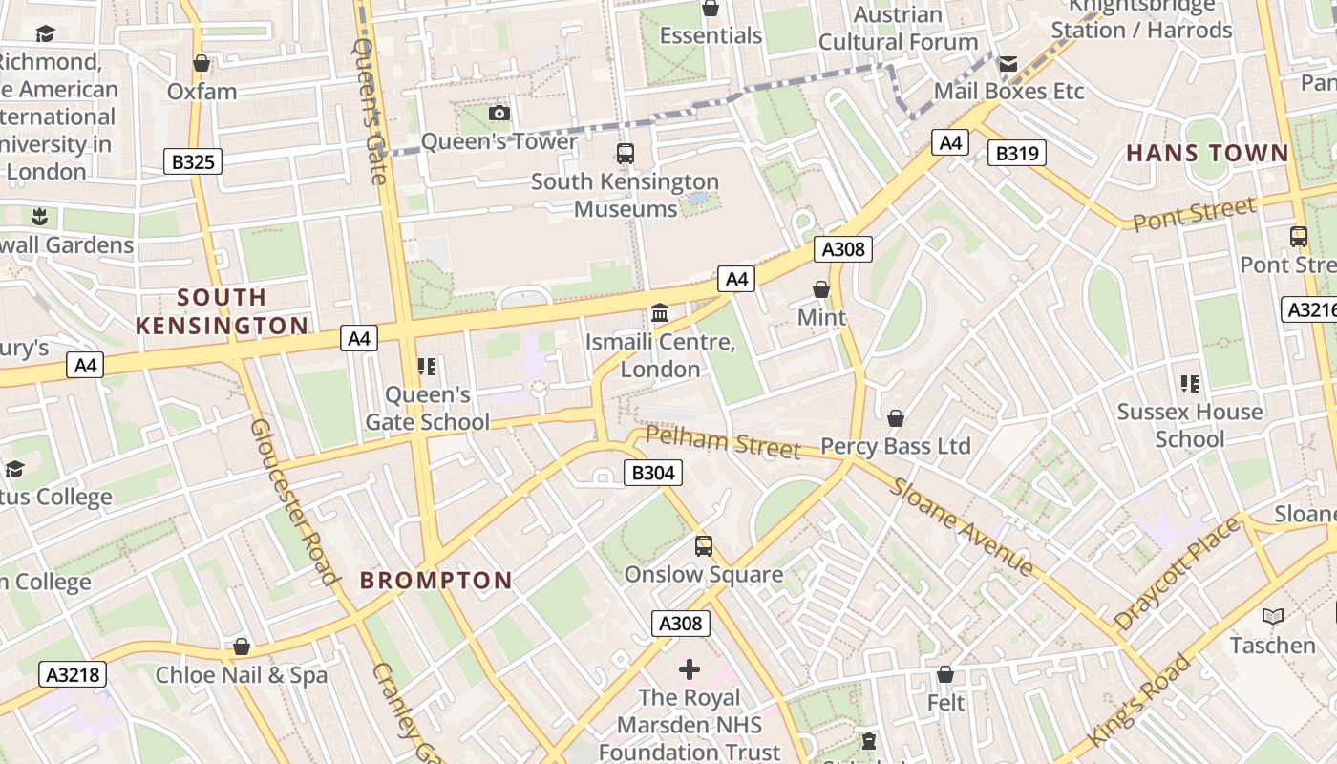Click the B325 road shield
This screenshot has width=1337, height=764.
point(193,161)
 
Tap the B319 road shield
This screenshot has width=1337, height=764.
point(1019,153)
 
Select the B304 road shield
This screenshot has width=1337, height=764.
point(654,472)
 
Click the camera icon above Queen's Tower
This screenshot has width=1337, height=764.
point(499,114)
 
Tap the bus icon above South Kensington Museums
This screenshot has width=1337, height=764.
point(626,153)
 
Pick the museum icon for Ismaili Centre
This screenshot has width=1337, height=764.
point(659,313)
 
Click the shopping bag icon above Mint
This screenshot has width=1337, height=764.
point(821,288)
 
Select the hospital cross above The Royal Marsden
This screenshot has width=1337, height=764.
point(689,668)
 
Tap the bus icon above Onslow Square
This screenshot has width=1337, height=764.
point(704,546)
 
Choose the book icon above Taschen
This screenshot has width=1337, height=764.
point(1272,616)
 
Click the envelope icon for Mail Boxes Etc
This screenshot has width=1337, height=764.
point(1008,64)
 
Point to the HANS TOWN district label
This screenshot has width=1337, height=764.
point(1207,153)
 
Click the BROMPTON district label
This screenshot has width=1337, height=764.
point(435,580)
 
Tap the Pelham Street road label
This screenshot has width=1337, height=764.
point(722,442)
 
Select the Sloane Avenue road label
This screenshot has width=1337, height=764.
point(962,526)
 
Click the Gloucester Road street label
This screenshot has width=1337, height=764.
point(294,500)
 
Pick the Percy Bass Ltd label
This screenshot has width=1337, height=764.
point(895,446)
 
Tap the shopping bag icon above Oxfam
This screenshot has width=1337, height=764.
point(202,64)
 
